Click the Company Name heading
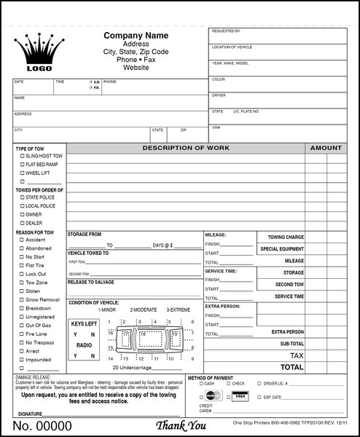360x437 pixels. (136, 36)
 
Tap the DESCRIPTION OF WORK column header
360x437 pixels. (185, 148)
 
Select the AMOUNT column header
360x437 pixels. (326, 148)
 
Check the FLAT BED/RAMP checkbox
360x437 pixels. (22, 165)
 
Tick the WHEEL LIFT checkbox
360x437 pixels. (22, 173)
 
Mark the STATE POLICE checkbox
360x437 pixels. (22, 197)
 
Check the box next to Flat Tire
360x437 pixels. (22, 266)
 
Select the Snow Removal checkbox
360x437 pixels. (22, 299)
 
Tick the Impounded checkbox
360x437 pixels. (22, 359)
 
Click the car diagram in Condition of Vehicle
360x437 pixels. (151, 340)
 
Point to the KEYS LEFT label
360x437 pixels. (84, 323)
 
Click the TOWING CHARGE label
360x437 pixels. (286, 237)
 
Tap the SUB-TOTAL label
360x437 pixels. (291, 343)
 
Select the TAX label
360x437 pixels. (297, 355)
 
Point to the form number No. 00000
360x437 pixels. (43, 425)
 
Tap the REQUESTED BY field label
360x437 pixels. (227, 31)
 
